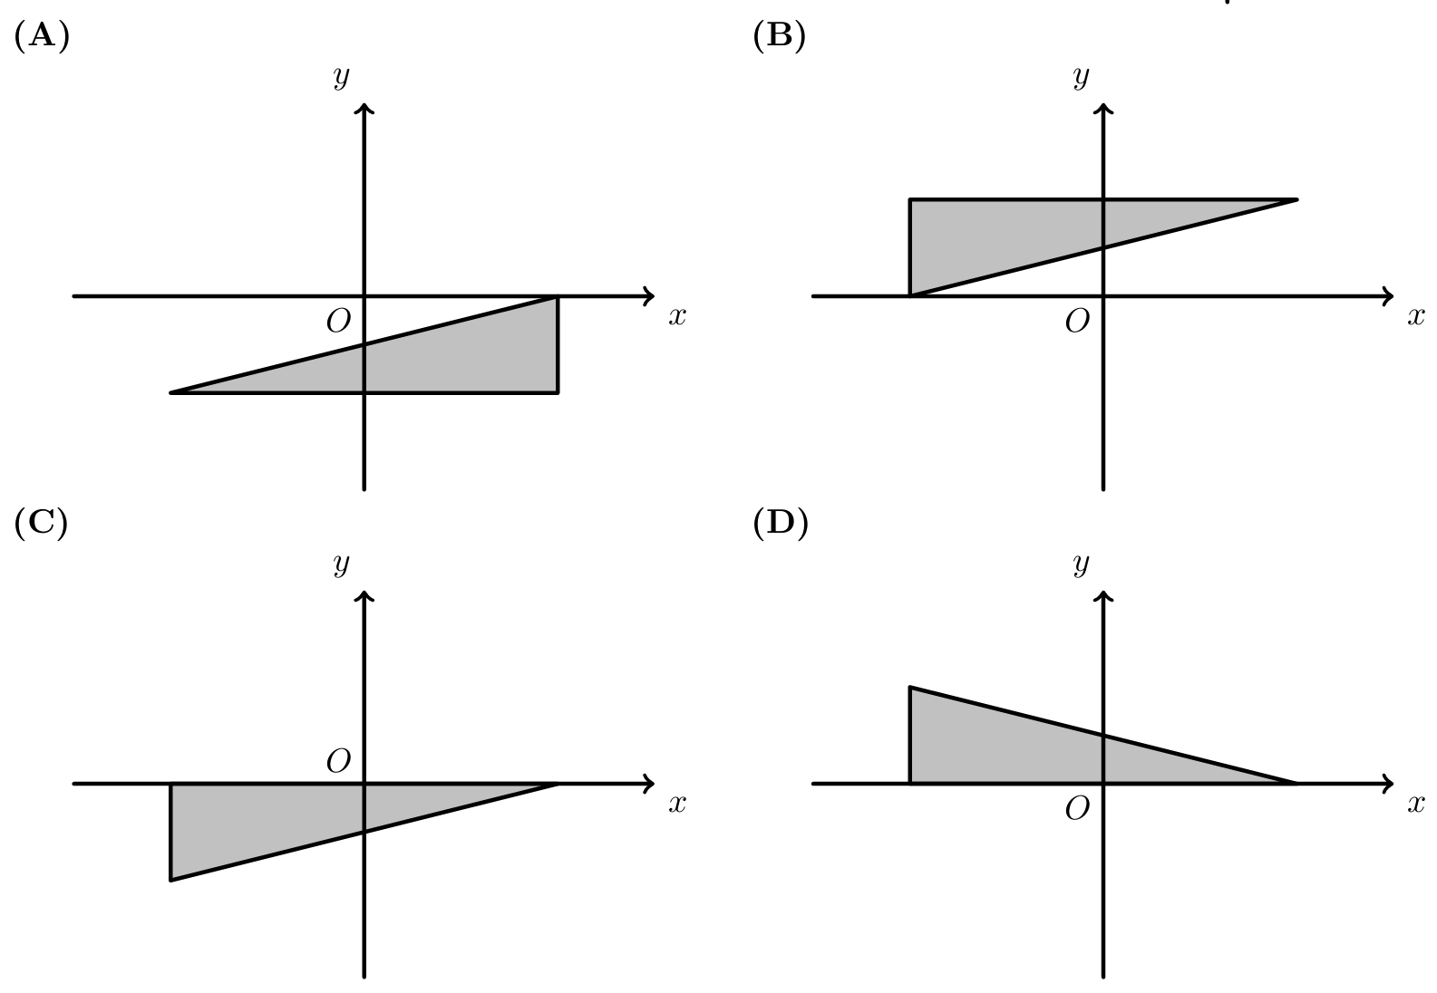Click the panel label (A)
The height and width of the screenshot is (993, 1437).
click(x=42, y=36)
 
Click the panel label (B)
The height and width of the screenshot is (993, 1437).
click(x=780, y=36)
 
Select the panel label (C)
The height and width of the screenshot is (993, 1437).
click(x=41, y=524)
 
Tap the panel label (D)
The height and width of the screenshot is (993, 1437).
click(x=780, y=524)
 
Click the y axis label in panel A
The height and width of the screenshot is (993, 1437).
click(x=342, y=77)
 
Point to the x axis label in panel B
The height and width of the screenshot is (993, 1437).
click(x=1416, y=316)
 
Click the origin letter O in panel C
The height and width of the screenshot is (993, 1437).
click(x=339, y=761)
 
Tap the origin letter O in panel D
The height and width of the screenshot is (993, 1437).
click(x=1078, y=809)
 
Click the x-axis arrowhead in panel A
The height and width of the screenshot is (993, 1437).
click(x=649, y=296)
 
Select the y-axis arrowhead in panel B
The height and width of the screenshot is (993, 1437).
click(x=1103, y=109)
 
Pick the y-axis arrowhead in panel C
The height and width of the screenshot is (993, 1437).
click(x=364, y=595)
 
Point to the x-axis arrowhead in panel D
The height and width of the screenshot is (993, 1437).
click(x=1388, y=784)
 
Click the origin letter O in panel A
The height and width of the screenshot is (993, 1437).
click(x=339, y=321)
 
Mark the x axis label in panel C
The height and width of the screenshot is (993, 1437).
click(x=677, y=804)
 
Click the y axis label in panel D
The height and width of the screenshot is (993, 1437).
click(x=1081, y=564)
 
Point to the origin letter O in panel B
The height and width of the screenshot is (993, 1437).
click(x=1078, y=321)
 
